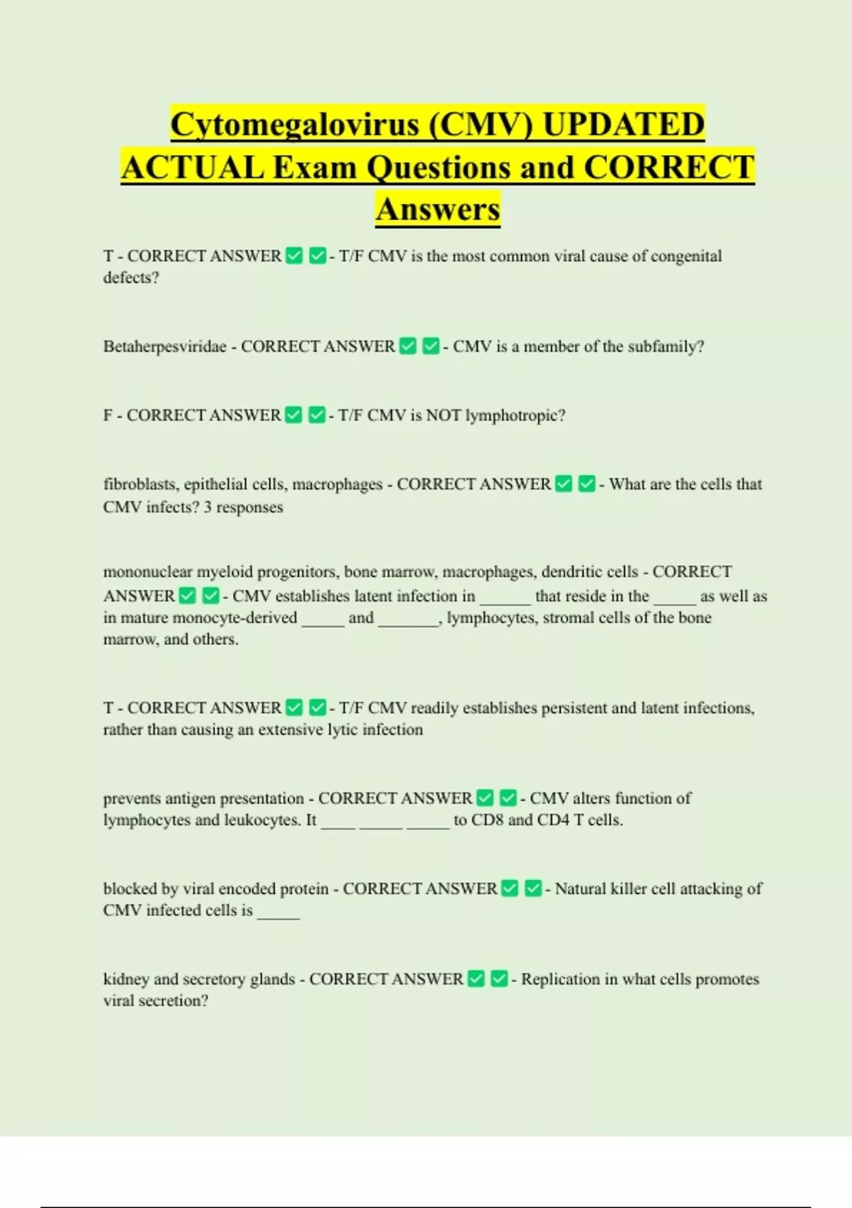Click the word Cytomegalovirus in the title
tap(295, 124)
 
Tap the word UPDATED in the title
tap(623, 124)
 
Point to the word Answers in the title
tap(438, 210)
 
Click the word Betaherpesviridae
tap(165, 347)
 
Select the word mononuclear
tap(148, 572)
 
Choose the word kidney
tap(126, 979)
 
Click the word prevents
tap(131, 799)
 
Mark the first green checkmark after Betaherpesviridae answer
tap(408, 346)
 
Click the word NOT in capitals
tap(443, 416)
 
